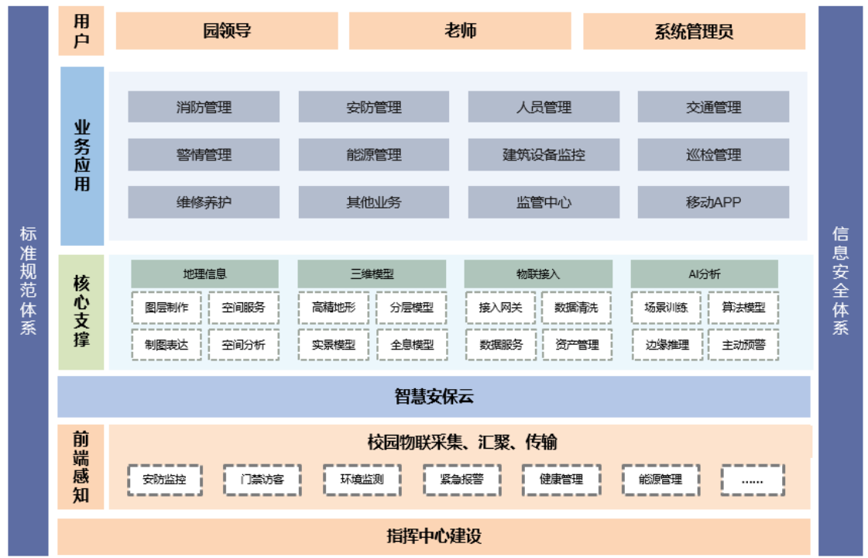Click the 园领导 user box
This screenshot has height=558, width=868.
click(x=227, y=30)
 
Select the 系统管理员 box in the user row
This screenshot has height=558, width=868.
click(x=695, y=31)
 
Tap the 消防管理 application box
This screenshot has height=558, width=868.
click(x=204, y=107)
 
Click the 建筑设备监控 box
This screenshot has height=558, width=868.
click(x=544, y=154)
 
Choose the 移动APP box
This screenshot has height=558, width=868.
click(x=714, y=202)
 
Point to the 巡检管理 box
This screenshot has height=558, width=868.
click(x=714, y=154)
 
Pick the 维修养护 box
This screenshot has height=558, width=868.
click(x=204, y=202)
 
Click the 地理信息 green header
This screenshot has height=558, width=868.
click(x=205, y=274)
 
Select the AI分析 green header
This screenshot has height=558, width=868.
click(x=704, y=274)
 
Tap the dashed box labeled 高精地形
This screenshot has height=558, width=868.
click(x=333, y=308)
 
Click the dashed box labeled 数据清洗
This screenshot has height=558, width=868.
click(x=576, y=308)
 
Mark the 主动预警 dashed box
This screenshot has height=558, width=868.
click(x=743, y=345)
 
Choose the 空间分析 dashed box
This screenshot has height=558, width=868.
click(x=244, y=345)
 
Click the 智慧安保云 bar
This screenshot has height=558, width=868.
click(x=434, y=397)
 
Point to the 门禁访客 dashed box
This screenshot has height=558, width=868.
click(x=262, y=479)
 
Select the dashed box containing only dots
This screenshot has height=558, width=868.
click(x=753, y=480)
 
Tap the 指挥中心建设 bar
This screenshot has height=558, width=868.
click(x=434, y=536)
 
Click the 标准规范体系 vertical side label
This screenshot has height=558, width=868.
click(x=28, y=281)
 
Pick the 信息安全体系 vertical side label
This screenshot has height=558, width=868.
click(x=840, y=281)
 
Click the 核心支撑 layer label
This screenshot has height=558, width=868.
click(x=81, y=312)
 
